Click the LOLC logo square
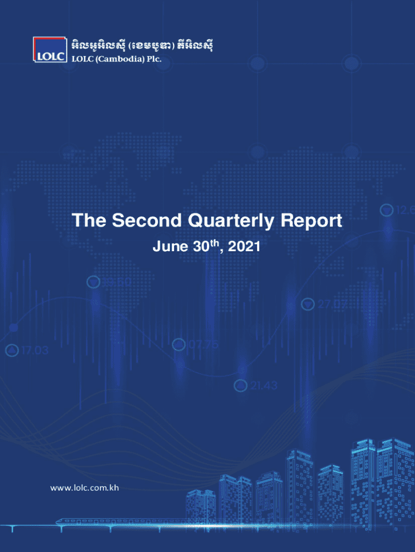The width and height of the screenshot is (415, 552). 50,50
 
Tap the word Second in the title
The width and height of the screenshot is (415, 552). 147,220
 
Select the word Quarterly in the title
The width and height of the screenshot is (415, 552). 231,221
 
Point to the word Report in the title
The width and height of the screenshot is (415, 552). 312,221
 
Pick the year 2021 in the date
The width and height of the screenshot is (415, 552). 244,246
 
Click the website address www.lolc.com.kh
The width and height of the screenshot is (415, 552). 85,488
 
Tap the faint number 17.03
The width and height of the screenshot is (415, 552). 35,350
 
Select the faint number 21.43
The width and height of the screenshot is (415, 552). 264,385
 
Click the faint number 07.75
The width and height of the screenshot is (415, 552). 204,344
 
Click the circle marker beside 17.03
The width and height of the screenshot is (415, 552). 12,350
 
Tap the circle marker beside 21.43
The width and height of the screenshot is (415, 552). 241,385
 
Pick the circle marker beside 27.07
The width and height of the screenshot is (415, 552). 308,304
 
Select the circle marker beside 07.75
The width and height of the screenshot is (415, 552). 179,344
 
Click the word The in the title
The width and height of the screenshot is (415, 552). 89,220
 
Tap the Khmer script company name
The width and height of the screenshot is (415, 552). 142,46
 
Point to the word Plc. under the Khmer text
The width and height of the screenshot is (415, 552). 154,59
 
